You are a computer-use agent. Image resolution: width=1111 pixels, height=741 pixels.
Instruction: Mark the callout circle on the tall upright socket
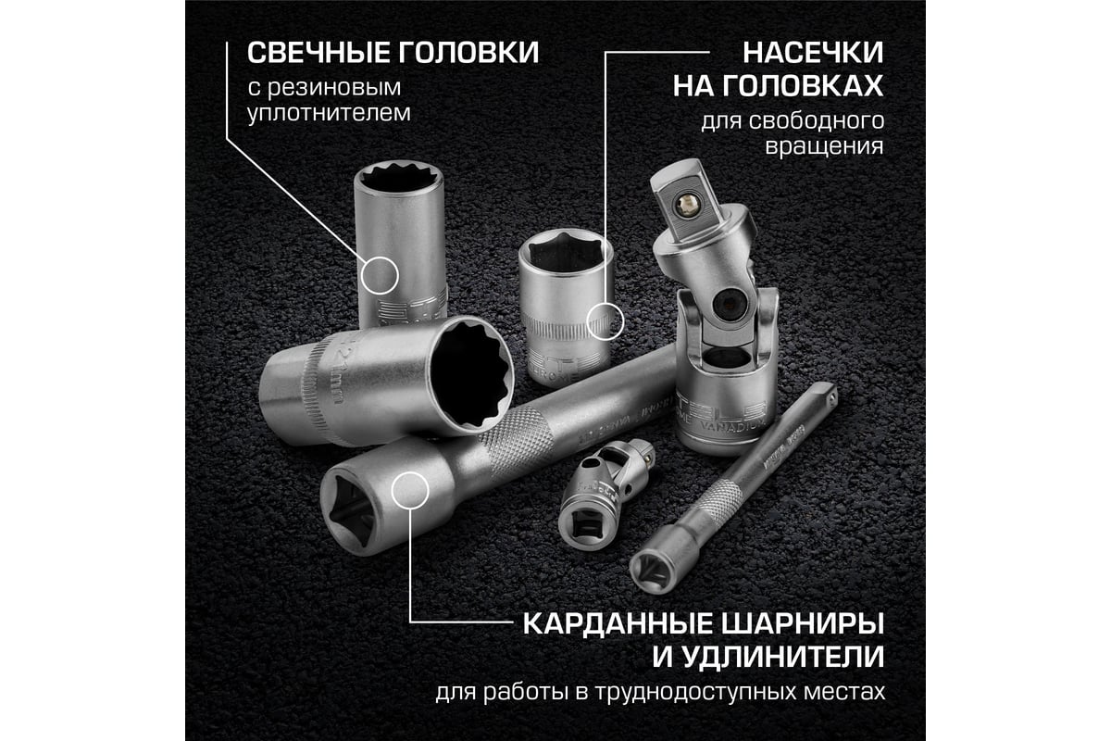click(x=380, y=276)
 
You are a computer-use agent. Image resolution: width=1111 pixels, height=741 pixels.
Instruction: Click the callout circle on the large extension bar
click(x=410, y=489)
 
